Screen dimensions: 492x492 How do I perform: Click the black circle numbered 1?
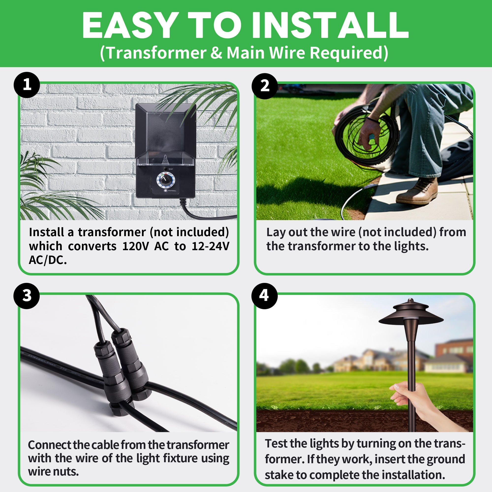coord(27,85)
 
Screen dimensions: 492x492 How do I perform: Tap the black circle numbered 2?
coord(265,86)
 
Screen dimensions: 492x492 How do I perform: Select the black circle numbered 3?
coord(27,296)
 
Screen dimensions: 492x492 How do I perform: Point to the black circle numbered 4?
coord(264,296)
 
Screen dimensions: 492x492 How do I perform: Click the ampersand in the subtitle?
coord(216,53)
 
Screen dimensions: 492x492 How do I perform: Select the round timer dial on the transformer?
coord(166,181)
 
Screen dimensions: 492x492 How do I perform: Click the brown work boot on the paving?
coord(417,191)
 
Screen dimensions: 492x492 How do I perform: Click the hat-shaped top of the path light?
coord(411,314)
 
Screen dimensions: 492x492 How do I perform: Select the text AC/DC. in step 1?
coord(48,260)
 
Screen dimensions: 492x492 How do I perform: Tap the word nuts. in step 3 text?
coord(66,472)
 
